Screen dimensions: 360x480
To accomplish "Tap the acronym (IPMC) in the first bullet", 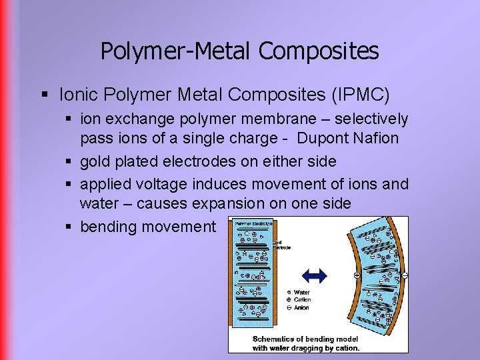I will tap(360, 95).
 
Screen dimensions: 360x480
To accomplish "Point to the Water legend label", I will tap(302, 292).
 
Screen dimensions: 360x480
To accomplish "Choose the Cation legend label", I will tap(302, 300).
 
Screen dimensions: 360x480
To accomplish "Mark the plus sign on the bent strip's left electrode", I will tap(357, 275).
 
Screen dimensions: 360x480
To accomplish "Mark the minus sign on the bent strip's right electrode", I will tap(405, 275).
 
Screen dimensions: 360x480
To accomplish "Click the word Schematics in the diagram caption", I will tap(275, 339).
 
